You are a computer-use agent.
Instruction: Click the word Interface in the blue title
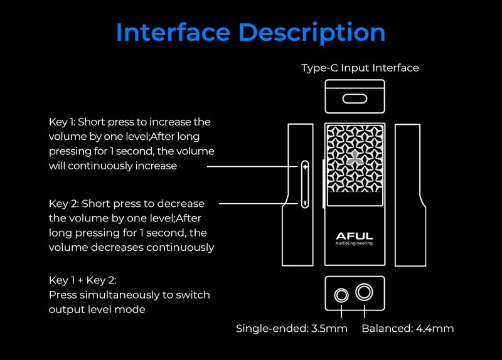177,32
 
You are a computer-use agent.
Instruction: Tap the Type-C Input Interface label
360,68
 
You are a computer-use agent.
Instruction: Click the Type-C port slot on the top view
355,98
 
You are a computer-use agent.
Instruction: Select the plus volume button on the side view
305,167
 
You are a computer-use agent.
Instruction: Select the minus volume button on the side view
305,203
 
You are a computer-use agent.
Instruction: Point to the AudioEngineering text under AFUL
355,243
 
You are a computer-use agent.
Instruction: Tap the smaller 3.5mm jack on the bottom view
342,294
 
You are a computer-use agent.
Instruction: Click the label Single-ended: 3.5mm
291,329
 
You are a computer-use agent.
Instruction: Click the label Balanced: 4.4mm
407,329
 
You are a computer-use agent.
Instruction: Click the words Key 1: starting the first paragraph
63,121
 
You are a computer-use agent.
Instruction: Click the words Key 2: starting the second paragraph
64,204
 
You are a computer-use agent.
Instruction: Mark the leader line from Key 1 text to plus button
251,167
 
